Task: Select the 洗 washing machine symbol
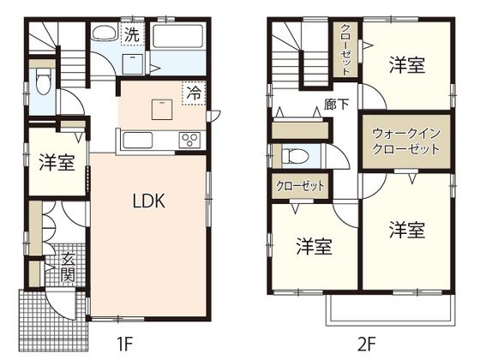click(x=131, y=35)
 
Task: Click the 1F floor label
click(x=126, y=345)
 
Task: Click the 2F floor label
click(x=366, y=345)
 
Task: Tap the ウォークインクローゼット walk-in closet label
click(x=405, y=141)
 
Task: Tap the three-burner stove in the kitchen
click(x=189, y=140)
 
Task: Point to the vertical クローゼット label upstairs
click(x=345, y=51)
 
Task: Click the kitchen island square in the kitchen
click(x=160, y=110)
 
